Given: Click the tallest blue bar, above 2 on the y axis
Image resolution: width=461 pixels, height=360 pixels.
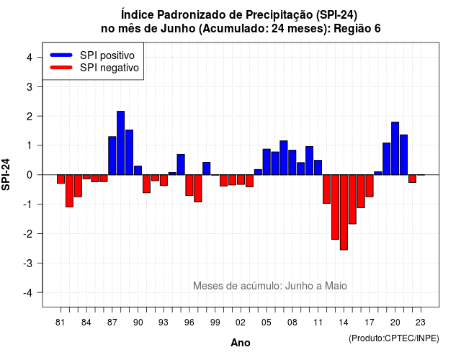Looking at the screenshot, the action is coord(120,143).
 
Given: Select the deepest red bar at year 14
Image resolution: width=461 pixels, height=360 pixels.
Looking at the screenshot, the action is coord(344,212).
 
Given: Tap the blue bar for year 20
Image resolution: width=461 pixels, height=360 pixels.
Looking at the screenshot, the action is coord(395,148).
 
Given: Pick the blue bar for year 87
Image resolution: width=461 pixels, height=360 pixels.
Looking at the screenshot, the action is coord(112,156).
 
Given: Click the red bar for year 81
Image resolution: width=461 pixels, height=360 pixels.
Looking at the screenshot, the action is coord(61,179).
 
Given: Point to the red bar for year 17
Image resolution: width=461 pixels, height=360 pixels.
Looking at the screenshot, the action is coord(370,186).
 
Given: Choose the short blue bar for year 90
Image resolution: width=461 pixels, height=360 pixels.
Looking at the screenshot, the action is coord(138,171).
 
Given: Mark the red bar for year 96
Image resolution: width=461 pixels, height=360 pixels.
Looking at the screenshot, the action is coord(189,185).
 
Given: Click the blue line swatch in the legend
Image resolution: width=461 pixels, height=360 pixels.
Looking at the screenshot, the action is coord(61,55).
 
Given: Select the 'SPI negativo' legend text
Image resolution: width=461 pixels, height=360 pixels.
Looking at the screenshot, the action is coord(109,68).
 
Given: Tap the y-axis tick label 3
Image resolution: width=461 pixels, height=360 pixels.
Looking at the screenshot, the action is coord(30,86).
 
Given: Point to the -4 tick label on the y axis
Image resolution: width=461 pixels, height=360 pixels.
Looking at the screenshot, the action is coord(28,293).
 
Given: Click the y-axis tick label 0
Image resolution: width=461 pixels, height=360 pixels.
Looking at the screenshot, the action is coord(30,175).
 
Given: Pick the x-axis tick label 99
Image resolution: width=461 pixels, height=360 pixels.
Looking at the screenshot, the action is coord(215,323).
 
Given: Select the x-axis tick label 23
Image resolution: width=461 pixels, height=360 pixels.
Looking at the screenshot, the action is coord(421,323).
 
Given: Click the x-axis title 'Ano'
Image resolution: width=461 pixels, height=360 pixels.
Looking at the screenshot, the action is coord(241,343).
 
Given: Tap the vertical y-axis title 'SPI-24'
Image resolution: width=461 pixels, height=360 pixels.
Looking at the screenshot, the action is coord(6,174).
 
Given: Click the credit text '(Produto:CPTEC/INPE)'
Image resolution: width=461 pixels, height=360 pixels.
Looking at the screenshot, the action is coord(394,338).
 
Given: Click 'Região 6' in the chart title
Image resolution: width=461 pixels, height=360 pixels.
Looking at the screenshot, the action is coord(357,29).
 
